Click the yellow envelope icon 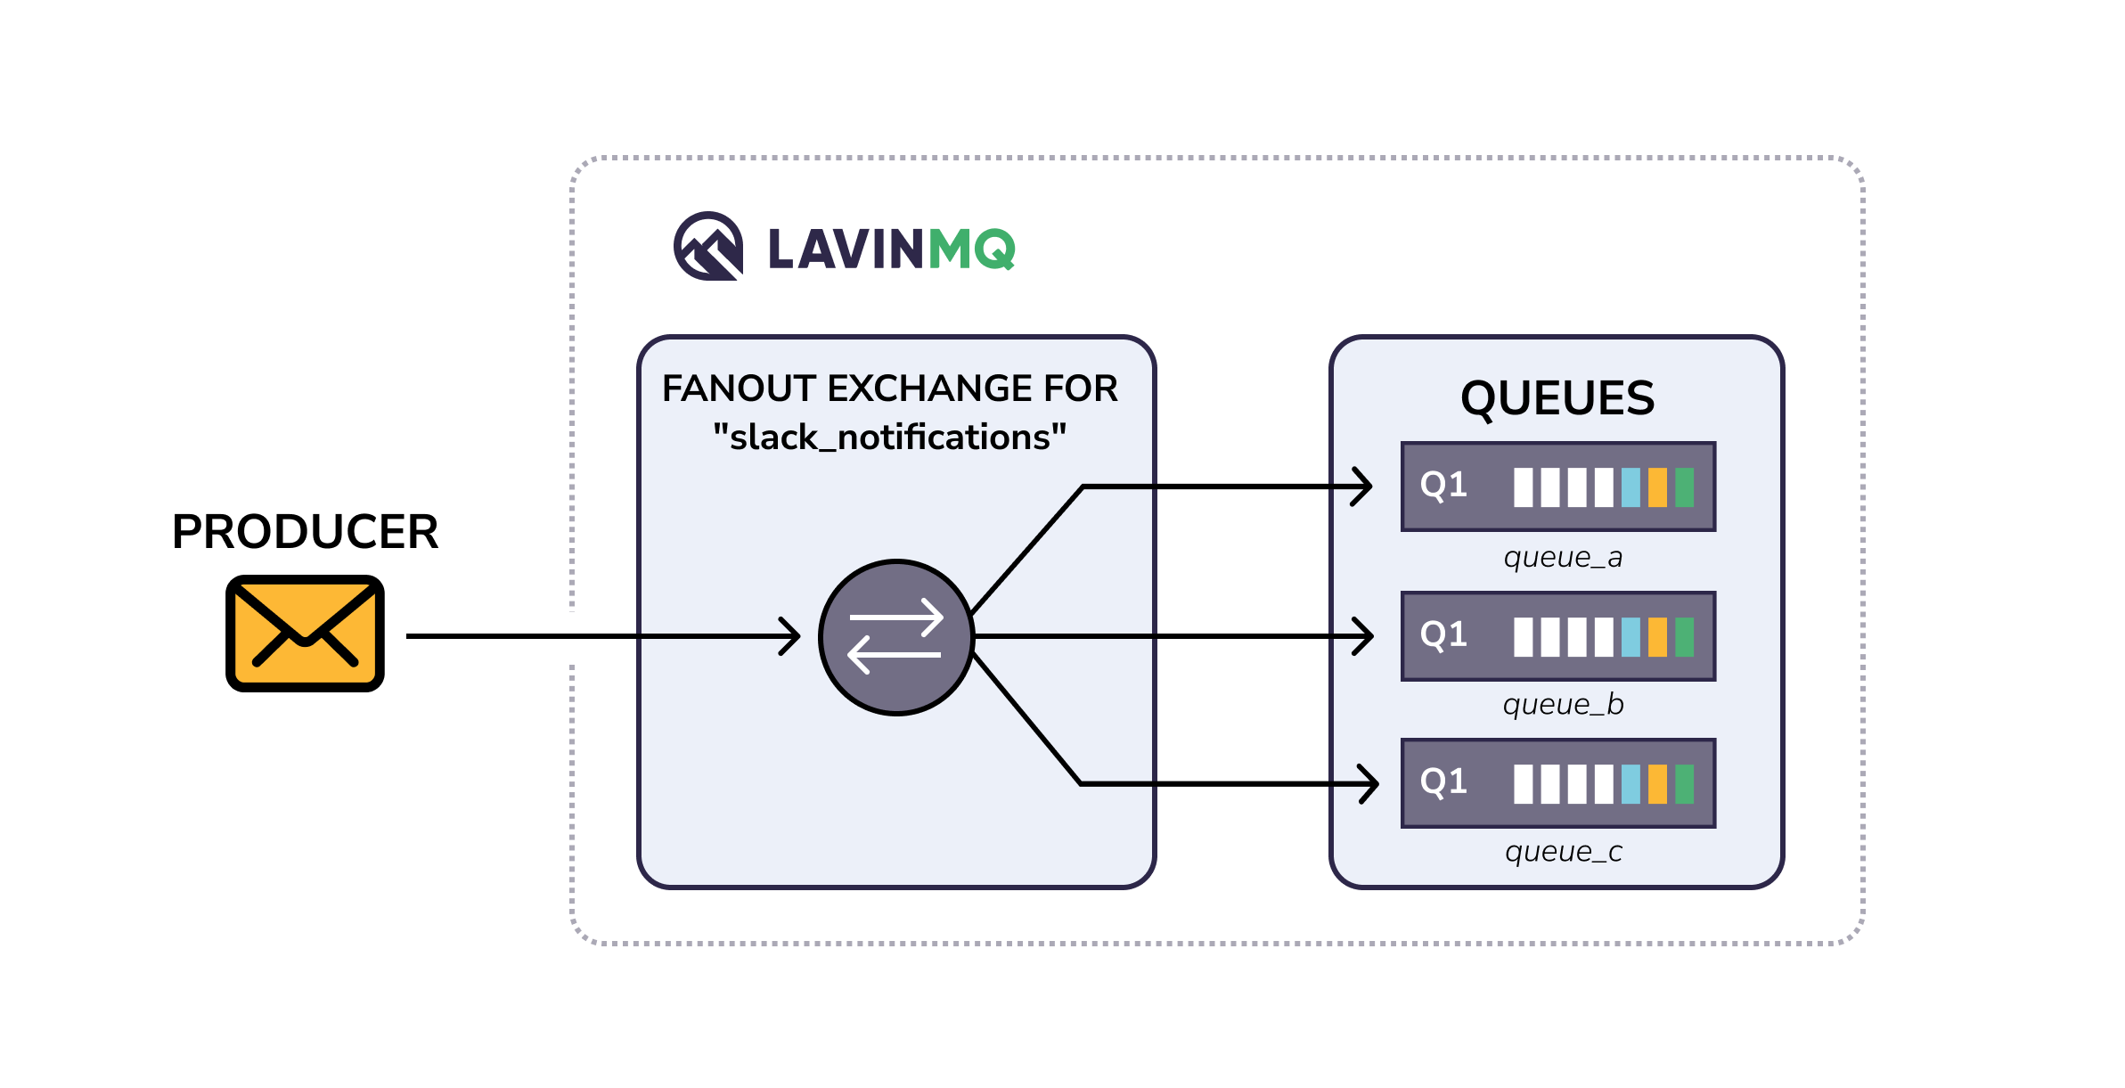click(x=305, y=634)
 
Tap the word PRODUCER click(x=305, y=532)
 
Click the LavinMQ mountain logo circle click(x=708, y=246)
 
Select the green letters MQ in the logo click(x=971, y=249)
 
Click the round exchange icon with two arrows click(x=896, y=637)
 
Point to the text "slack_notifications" click(x=889, y=438)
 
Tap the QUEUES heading click(x=1557, y=398)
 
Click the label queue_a click(x=1563, y=558)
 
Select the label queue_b click(x=1563, y=705)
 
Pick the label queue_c click(x=1563, y=852)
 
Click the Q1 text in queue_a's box click(x=1443, y=486)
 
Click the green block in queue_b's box click(x=1684, y=637)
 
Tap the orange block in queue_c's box click(x=1657, y=784)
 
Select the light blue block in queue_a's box click(x=1631, y=487)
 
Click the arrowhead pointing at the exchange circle click(x=791, y=636)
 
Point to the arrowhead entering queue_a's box click(x=1363, y=487)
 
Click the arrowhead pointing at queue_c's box click(x=1369, y=784)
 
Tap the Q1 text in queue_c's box click(x=1443, y=782)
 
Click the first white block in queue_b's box click(x=1524, y=637)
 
